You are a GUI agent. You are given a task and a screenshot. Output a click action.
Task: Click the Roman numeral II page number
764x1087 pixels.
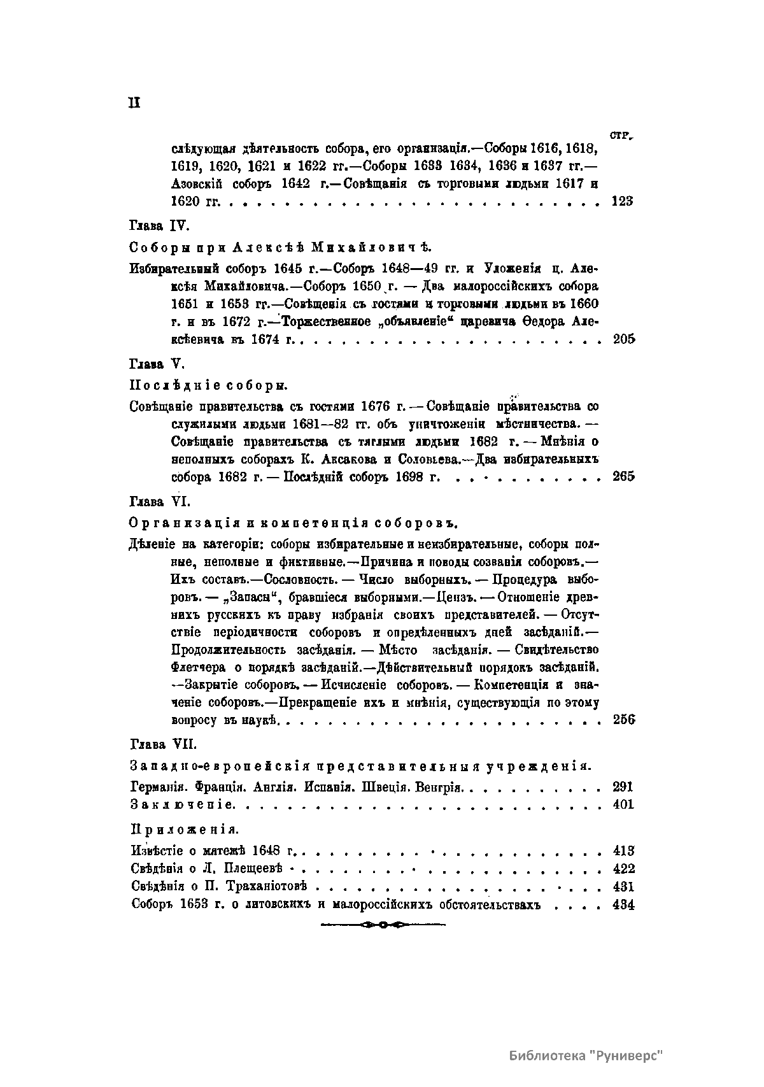[x=134, y=103]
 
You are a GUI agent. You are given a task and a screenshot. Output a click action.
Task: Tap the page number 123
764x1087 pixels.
[x=622, y=202]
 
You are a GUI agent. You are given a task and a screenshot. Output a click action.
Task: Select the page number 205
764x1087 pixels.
[x=623, y=339]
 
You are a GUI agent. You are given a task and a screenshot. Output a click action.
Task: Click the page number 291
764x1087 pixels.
[x=622, y=786]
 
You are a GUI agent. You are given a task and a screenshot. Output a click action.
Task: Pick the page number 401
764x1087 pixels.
[x=623, y=804]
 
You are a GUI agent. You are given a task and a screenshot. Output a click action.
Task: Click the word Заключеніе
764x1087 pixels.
[x=182, y=804]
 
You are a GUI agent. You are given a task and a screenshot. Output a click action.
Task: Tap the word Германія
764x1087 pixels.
[x=156, y=786]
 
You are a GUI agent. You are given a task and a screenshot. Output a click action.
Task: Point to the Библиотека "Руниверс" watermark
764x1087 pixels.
[x=586, y=1055]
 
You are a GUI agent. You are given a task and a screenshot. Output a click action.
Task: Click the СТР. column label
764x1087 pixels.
[x=619, y=135]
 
